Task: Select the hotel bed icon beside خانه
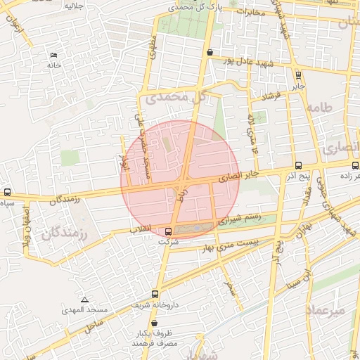pyautogui.click(x=54, y=55)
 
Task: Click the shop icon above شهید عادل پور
pyautogui.click(x=210, y=51)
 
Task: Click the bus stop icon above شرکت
pyautogui.click(x=168, y=231)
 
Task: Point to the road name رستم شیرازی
pyautogui.click(x=240, y=218)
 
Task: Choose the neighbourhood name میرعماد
pyautogui.click(x=326, y=309)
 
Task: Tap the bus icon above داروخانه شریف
pyautogui.click(x=155, y=295)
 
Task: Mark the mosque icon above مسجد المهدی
pyautogui.click(x=84, y=300)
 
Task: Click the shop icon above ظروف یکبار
pyautogui.click(x=154, y=323)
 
